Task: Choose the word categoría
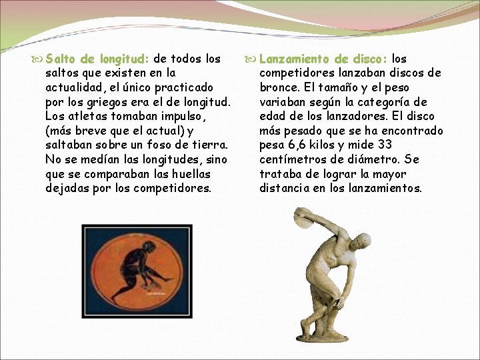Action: (x=383, y=102)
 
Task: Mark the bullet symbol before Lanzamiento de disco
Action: (x=249, y=59)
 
